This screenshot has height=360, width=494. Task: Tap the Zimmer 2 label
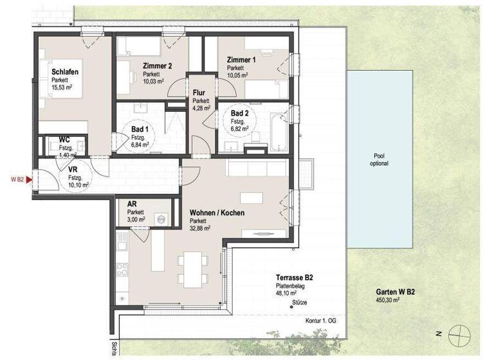click(x=158, y=65)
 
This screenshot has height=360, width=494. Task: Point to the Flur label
click(x=199, y=93)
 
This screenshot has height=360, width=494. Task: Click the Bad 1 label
click(x=138, y=129)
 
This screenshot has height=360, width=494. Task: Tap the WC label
click(x=64, y=139)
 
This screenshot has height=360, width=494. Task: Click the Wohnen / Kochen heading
click(x=217, y=213)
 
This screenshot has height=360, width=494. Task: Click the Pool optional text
click(x=380, y=159)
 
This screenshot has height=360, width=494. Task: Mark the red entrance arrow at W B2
click(x=30, y=179)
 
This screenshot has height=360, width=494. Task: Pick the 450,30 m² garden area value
click(x=390, y=300)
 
